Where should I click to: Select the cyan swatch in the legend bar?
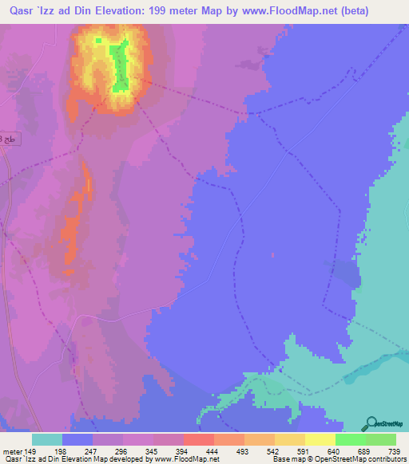tap(47, 439)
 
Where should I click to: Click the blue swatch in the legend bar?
tap(77, 439)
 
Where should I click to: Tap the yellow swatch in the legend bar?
tap(320, 439)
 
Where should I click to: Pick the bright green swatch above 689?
tap(351, 439)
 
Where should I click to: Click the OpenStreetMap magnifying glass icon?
tap(371, 423)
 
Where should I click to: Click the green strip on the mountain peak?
tap(119, 67)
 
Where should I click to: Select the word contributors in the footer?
tap(385, 459)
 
